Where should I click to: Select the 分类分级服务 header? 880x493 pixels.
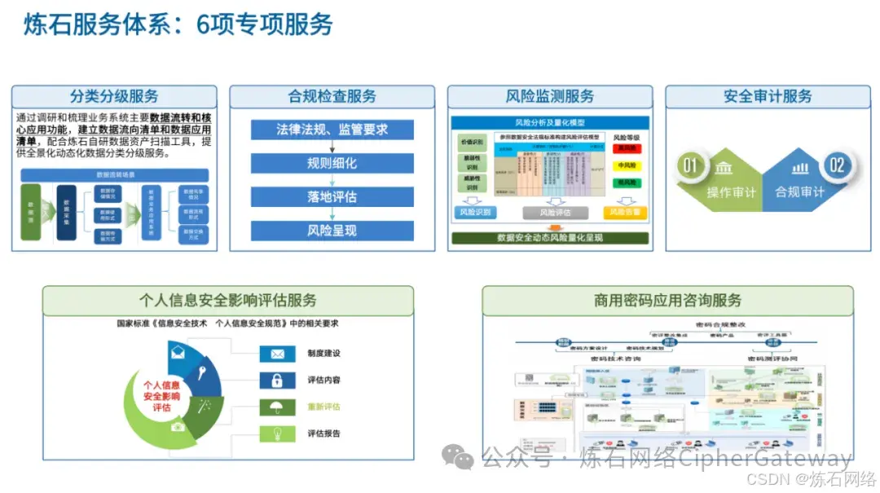pyautogui.click(x=114, y=96)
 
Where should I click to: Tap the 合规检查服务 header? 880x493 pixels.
pyautogui.click(x=332, y=96)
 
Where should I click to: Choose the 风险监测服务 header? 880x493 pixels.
pyautogui.click(x=550, y=96)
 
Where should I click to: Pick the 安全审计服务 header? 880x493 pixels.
pyautogui.click(x=768, y=96)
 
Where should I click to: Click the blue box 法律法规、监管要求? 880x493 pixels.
pyautogui.click(x=332, y=130)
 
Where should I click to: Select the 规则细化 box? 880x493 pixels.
pyautogui.click(x=332, y=163)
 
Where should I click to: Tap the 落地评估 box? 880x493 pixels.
pyautogui.click(x=332, y=197)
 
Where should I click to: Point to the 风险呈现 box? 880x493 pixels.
pyautogui.click(x=332, y=231)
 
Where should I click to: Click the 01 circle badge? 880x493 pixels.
pyautogui.click(x=691, y=166)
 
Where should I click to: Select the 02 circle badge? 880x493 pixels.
pyautogui.click(x=837, y=166)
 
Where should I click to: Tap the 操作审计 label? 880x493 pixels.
pyautogui.click(x=731, y=193)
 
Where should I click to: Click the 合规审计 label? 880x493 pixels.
pyautogui.click(x=799, y=193)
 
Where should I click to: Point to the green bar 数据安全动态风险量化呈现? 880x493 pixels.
pyautogui.click(x=550, y=238)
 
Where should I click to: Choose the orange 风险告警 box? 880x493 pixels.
pyautogui.click(x=625, y=213)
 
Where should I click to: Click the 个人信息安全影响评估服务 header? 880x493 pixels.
pyautogui.click(x=228, y=300)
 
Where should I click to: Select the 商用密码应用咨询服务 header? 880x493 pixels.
pyautogui.click(x=667, y=300)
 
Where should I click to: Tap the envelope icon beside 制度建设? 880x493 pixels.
pyautogui.click(x=277, y=354)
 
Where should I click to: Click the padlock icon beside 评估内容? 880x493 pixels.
pyautogui.click(x=277, y=380)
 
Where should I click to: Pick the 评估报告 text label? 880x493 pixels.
pyautogui.click(x=323, y=434)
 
